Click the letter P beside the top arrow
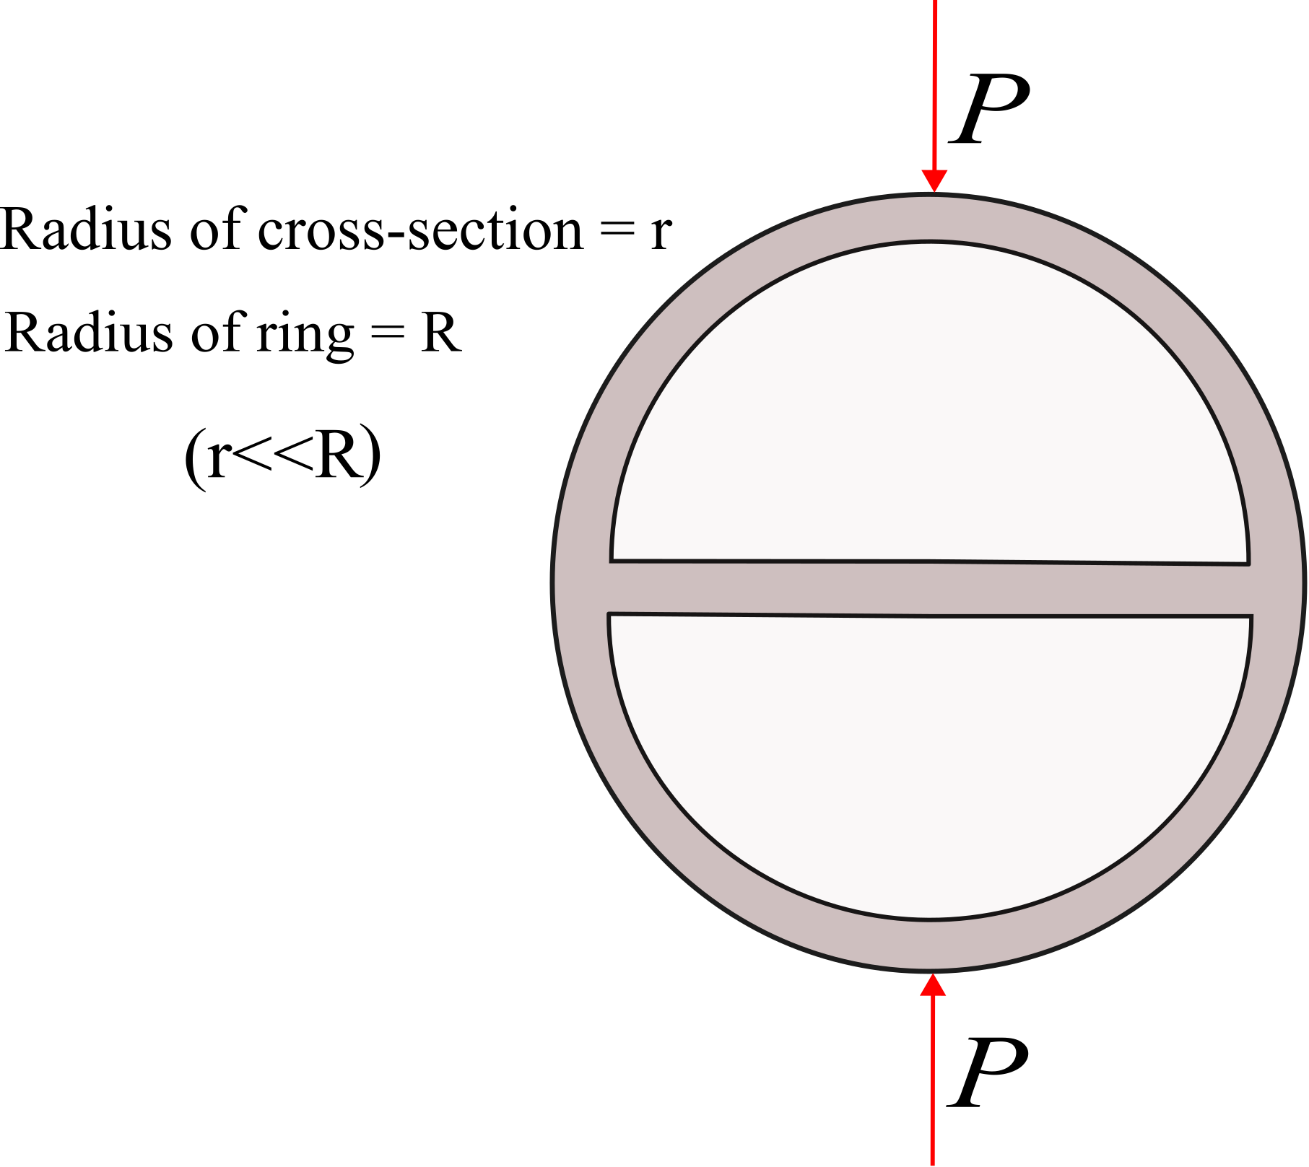point(988,109)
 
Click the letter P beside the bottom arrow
point(988,1073)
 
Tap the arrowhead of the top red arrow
point(934,181)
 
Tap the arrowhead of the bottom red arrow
point(933,984)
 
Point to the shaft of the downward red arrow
point(935,85)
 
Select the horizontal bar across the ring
point(930,588)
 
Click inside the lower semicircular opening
point(930,758)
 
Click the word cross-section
point(420,230)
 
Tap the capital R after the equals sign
point(440,333)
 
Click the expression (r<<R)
point(283,456)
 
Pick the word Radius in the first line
point(86,230)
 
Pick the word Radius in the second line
point(90,333)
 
